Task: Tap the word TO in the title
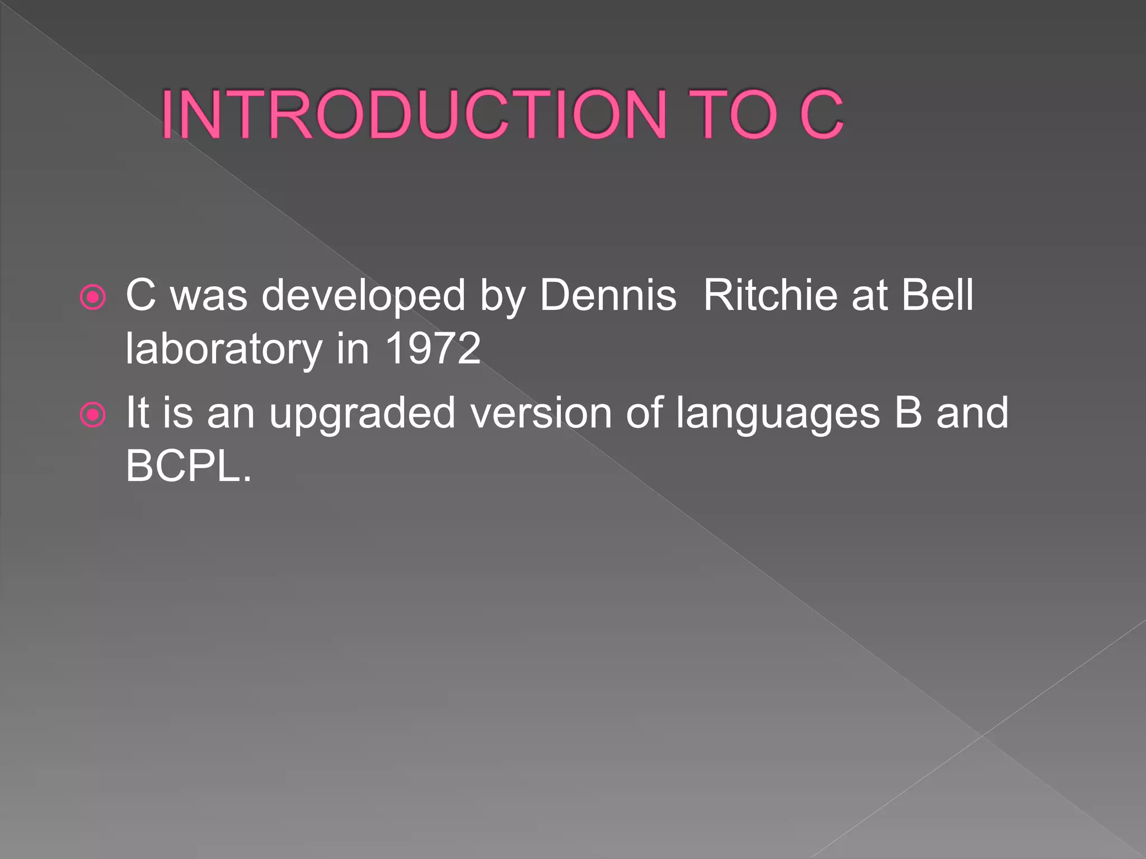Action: (x=736, y=115)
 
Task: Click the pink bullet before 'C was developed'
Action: (x=93, y=298)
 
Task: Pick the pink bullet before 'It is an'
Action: (x=93, y=415)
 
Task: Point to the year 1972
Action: (x=433, y=348)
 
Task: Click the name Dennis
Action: (x=608, y=295)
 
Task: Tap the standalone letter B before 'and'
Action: (x=908, y=413)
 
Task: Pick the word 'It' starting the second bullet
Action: (x=137, y=413)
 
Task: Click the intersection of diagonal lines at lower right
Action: (x=982, y=736)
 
